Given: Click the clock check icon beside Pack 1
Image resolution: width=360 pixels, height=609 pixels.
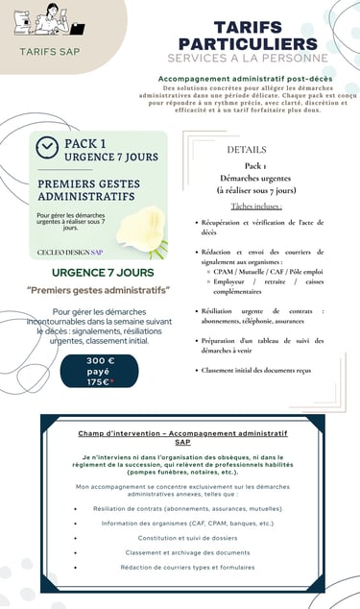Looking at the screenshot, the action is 47,147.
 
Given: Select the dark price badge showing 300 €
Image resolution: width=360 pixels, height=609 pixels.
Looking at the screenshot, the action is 99,371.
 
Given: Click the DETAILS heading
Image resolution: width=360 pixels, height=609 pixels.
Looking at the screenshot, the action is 247,150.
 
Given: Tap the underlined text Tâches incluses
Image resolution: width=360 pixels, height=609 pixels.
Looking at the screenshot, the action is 255,206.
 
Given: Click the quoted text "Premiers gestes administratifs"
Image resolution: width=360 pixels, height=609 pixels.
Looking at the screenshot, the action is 99,290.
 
